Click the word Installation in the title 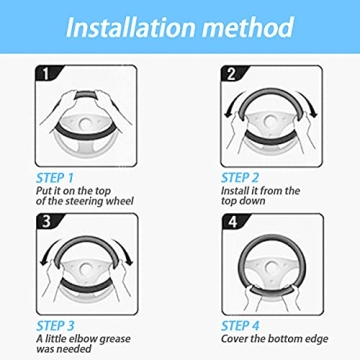pyautogui.click(x=131, y=27)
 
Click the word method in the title pyautogui.click(x=249, y=27)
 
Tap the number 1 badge pyautogui.click(x=46, y=73)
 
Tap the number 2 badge pyautogui.click(x=232, y=74)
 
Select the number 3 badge pyautogui.click(x=47, y=222)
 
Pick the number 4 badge pyautogui.click(x=233, y=222)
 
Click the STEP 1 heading pyautogui.click(x=54, y=178)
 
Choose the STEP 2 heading pyautogui.click(x=240, y=178)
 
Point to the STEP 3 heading pyautogui.click(x=55, y=326)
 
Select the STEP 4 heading pyautogui.click(x=240, y=326)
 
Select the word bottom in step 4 pyautogui.click(x=284, y=339)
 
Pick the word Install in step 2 pyautogui.click(x=233, y=191)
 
